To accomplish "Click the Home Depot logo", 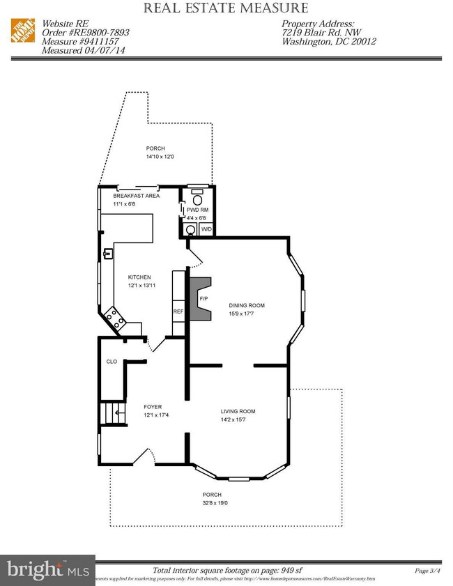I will tap(23, 31).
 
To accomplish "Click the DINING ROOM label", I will tap(247, 305).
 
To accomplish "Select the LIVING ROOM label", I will tap(238, 411).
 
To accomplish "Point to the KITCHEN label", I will tap(139, 277).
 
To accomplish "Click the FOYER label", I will tap(153, 406).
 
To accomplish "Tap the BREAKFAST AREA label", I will tap(137, 196).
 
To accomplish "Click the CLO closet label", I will tap(112, 362).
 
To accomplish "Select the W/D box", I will tap(206, 229).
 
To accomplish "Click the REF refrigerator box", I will tap(178, 311).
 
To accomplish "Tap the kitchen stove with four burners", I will tap(114, 320).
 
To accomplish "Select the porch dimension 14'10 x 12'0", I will tap(160, 157).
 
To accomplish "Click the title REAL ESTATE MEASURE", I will tap(225, 8).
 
